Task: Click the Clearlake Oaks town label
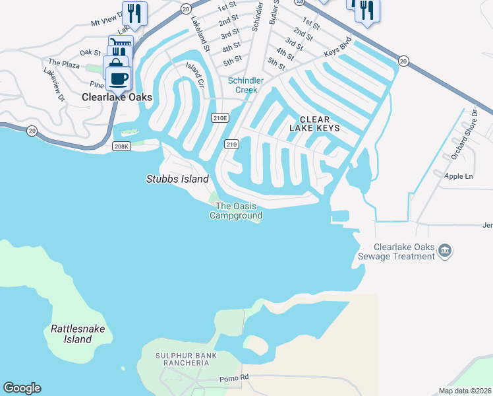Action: pyautogui.click(x=117, y=97)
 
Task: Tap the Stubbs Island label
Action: pyautogui.click(x=177, y=179)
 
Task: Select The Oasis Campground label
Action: pyautogui.click(x=236, y=211)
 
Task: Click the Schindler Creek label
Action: pyautogui.click(x=246, y=84)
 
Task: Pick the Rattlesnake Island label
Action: pyautogui.click(x=78, y=334)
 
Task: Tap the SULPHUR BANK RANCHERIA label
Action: pyautogui.click(x=187, y=360)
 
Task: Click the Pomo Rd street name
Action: pyautogui.click(x=234, y=378)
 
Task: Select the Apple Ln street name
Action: pyautogui.click(x=459, y=176)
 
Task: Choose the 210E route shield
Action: pyautogui.click(x=220, y=118)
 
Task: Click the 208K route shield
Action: pyautogui.click(x=121, y=146)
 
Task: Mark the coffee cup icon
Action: pyautogui.click(x=119, y=78)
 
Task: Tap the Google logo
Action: pyautogui.click(x=22, y=388)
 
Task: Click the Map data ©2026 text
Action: pyautogui.click(x=465, y=391)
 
